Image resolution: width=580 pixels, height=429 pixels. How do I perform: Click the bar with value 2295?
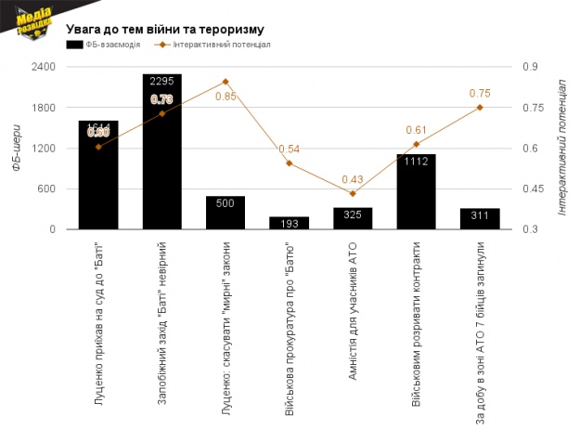[161, 153]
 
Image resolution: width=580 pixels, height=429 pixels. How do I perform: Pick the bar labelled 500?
[226, 213]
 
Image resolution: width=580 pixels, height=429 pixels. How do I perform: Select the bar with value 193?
[289, 223]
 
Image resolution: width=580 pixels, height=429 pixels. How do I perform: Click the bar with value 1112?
[416, 192]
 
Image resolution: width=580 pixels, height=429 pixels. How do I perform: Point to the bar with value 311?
[480, 219]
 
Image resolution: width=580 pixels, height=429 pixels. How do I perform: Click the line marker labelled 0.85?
[226, 82]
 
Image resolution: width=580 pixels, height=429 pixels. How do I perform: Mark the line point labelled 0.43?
[353, 193]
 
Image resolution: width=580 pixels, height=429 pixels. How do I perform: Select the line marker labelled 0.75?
[480, 108]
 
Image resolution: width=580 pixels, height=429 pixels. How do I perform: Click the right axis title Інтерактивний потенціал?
[562, 147]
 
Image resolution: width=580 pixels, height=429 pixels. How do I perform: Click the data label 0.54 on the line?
[289, 149]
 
